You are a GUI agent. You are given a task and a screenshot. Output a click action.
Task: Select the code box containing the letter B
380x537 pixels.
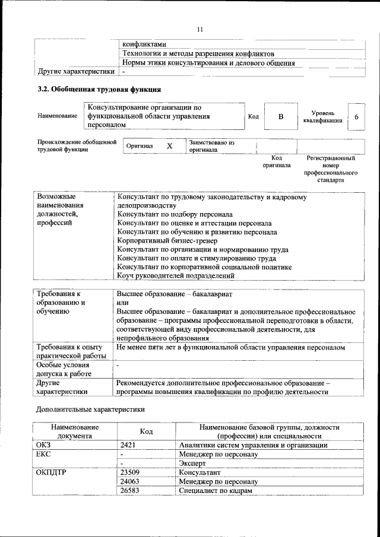(280, 117)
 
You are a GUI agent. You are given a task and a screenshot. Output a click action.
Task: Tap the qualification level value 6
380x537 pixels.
(356, 117)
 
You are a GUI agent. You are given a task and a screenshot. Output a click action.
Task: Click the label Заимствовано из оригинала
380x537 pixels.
(212, 147)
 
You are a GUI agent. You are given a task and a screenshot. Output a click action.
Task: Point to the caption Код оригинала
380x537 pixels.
(276, 161)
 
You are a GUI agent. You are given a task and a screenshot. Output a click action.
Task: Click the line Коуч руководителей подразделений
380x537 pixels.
(172, 276)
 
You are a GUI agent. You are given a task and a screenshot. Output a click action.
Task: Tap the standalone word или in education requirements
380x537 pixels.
(122, 303)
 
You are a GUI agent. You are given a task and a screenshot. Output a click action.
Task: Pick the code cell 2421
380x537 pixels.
(128, 445)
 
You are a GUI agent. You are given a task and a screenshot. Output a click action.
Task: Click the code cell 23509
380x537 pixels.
(130, 473)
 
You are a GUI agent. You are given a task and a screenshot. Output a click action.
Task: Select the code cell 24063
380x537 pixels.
(130, 482)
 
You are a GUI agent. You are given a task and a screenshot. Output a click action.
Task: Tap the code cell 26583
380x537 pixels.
(130, 492)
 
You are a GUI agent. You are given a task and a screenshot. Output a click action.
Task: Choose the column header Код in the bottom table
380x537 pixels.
(147, 431)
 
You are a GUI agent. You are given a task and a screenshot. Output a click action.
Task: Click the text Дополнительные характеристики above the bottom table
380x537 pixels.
(90, 409)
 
